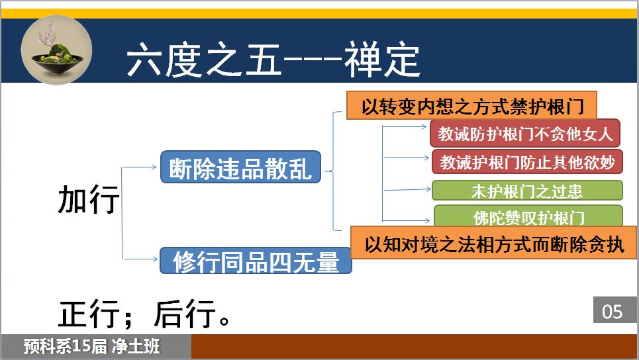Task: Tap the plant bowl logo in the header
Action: (x=56, y=50)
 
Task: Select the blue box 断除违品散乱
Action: (x=240, y=167)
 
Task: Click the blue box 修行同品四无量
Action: (x=256, y=261)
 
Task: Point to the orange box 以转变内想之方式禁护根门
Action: (x=471, y=105)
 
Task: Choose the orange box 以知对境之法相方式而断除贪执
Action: (x=494, y=243)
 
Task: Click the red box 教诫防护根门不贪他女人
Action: (x=525, y=134)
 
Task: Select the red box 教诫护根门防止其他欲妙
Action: (x=527, y=161)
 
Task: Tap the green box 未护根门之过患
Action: (x=527, y=191)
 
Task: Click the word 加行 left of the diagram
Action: (x=89, y=199)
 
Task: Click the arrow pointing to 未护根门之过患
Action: (x=407, y=190)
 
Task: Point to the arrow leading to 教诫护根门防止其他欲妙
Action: (x=407, y=157)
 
